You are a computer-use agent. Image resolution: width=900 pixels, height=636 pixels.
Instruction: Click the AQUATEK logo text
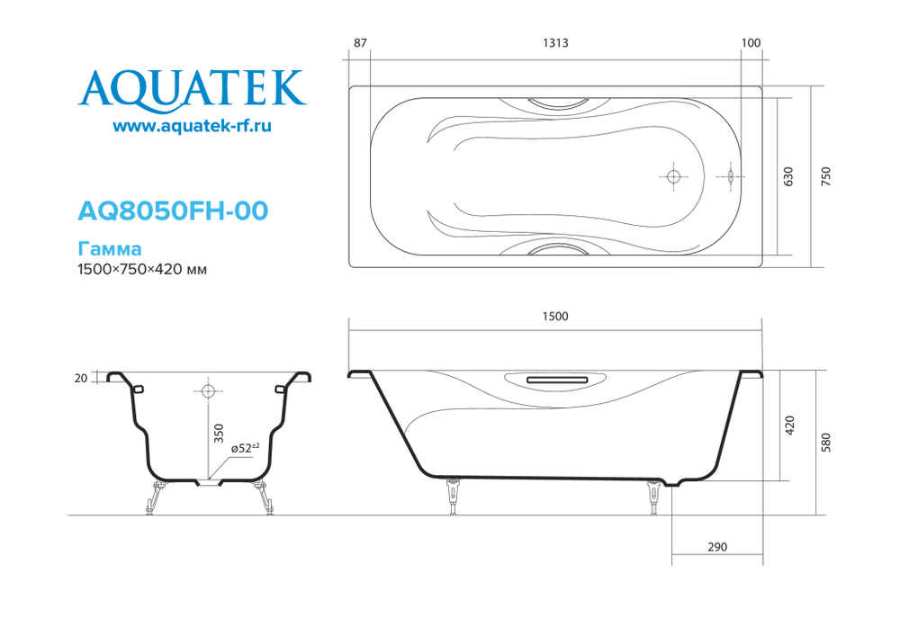(192, 87)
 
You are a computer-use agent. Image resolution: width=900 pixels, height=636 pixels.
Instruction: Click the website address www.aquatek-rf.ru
(192, 128)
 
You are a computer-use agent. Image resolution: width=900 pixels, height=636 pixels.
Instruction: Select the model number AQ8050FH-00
(173, 211)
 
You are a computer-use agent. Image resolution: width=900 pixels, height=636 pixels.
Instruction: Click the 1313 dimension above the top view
(555, 43)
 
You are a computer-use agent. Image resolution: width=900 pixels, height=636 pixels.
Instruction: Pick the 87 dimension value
(360, 43)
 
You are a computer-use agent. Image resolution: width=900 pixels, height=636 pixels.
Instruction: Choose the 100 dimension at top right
(751, 43)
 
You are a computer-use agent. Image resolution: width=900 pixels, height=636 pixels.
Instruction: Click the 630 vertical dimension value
(789, 176)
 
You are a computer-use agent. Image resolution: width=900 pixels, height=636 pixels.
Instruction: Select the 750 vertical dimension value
(826, 176)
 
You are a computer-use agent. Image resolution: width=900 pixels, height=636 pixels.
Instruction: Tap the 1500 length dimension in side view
(555, 316)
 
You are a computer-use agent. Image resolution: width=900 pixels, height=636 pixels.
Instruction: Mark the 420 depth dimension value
(790, 425)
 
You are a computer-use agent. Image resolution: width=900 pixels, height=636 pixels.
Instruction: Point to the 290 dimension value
(717, 547)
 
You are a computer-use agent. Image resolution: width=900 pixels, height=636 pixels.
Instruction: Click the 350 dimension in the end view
(218, 434)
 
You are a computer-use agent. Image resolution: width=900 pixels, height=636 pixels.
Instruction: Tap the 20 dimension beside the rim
(82, 379)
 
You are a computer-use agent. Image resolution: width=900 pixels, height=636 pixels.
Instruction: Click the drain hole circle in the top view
(672, 176)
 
